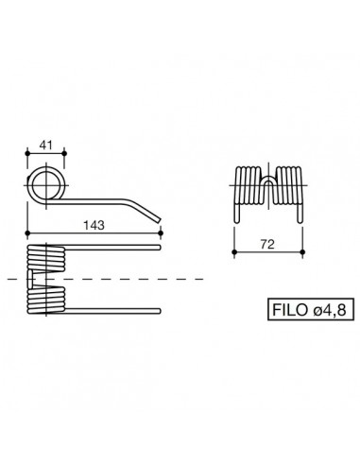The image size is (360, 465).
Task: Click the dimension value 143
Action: [94, 225]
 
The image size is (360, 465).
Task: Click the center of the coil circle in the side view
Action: [43, 182]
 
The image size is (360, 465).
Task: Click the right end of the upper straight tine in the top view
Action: [162, 250]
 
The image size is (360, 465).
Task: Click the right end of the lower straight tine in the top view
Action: [162, 310]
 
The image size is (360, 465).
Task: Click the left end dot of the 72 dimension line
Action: [234, 252]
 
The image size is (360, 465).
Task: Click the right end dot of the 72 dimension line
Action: [302, 252]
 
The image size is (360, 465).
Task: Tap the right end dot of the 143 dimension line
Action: [162, 234]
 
